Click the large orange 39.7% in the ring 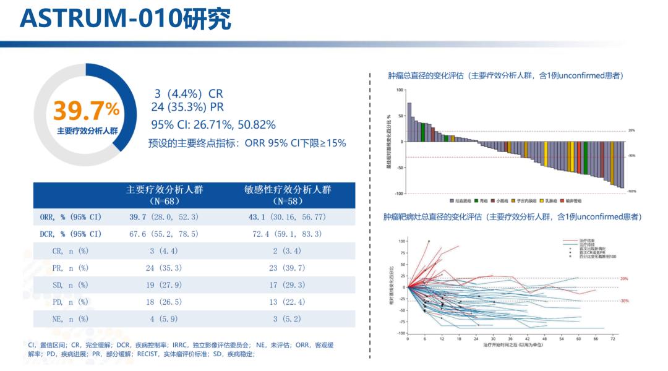[x=86, y=111]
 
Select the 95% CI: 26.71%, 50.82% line [x=213, y=124]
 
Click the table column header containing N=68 [x=164, y=195]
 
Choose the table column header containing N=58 [x=288, y=195]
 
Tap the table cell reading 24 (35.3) [x=164, y=268]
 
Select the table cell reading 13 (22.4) [x=288, y=302]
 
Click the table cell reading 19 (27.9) [x=164, y=285]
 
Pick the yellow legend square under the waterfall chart [x=542, y=201]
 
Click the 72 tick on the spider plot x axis [x=612, y=339]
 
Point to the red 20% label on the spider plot [x=624, y=279]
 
